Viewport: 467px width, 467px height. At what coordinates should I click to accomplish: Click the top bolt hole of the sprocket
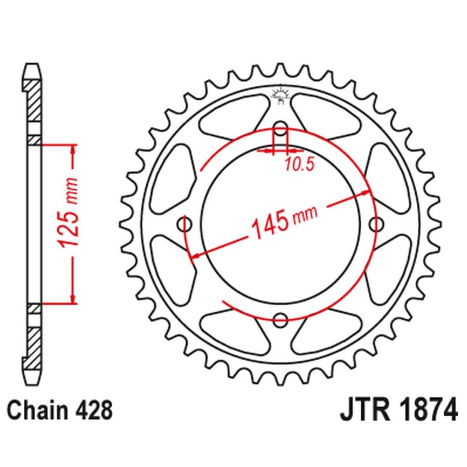[281, 130]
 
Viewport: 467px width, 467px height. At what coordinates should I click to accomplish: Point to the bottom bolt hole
[281, 319]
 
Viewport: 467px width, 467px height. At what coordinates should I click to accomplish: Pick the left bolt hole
[186, 225]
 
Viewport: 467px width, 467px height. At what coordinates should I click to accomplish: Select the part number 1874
[422, 411]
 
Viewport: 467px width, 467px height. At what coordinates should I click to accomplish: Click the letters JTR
[361, 411]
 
